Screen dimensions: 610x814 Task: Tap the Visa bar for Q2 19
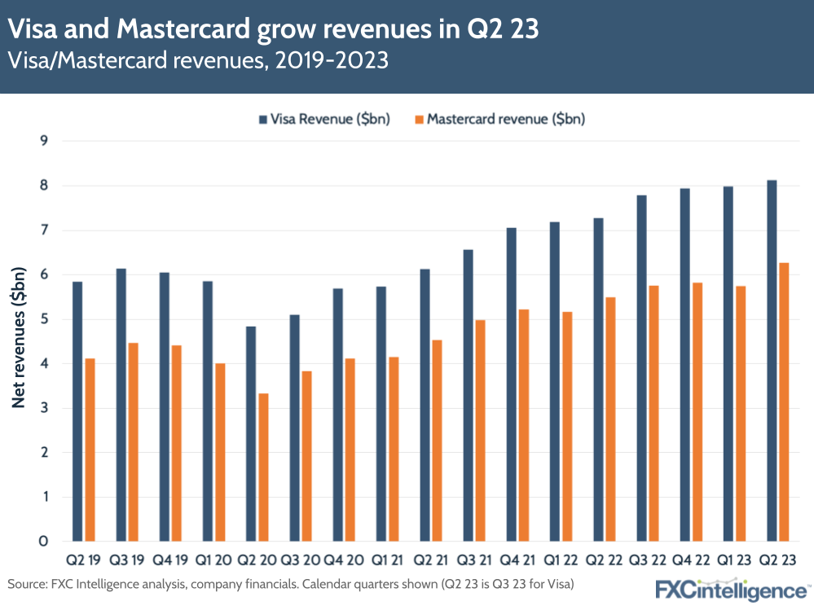pyautogui.click(x=77, y=411)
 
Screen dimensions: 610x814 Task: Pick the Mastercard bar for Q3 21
pyautogui.click(x=481, y=431)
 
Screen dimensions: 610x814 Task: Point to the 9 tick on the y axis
pyautogui.click(x=44, y=141)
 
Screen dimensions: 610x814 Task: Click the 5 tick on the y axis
pyautogui.click(x=44, y=319)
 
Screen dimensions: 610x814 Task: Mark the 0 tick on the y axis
pyautogui.click(x=44, y=542)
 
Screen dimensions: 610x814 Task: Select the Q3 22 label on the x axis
pyautogui.click(x=648, y=561)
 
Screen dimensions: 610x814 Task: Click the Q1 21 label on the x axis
pyautogui.click(x=387, y=561)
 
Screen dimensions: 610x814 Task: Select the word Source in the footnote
pyautogui.click(x=26, y=584)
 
